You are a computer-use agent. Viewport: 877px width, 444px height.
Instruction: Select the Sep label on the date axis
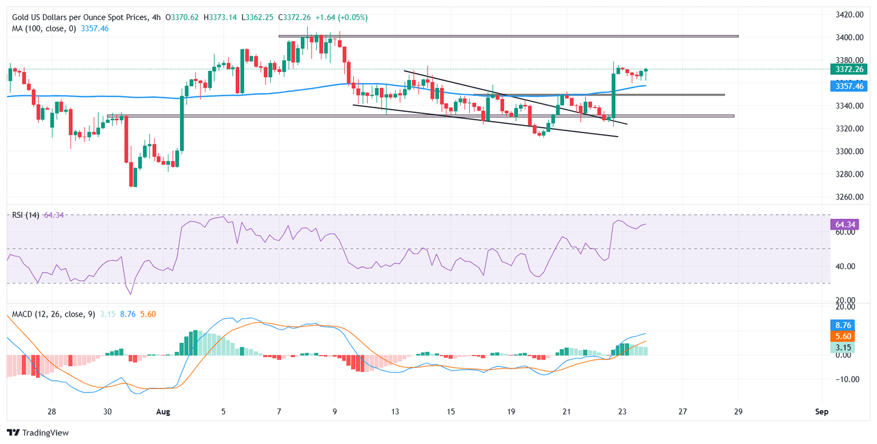coord(822,411)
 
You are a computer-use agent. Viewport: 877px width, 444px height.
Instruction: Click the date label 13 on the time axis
coord(395,411)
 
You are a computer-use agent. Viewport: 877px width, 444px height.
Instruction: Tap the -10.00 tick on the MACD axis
coord(843,379)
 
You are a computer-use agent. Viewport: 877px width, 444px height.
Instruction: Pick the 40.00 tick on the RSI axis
coord(842,266)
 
